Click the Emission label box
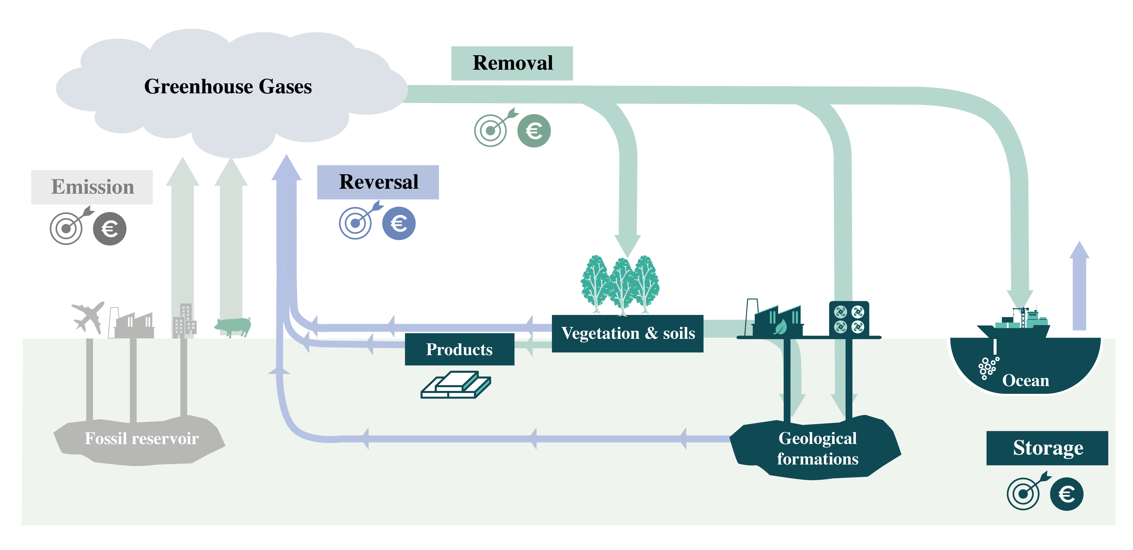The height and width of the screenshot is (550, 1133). coord(92,187)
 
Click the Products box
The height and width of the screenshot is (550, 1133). coord(459,349)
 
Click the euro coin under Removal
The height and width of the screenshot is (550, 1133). coord(533,131)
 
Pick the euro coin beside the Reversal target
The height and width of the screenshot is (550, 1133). coord(399,223)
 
